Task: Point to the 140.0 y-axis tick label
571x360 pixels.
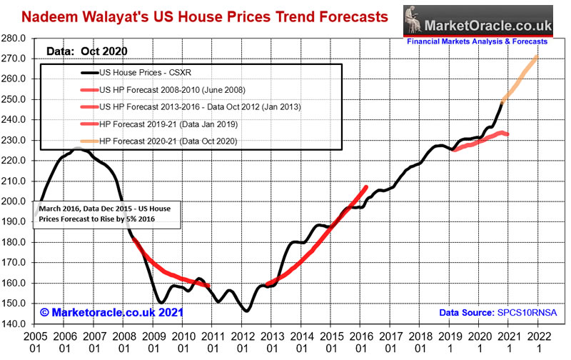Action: click(x=16, y=324)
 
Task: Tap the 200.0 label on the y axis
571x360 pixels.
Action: click(x=16, y=201)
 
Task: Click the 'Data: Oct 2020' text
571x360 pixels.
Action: click(x=83, y=51)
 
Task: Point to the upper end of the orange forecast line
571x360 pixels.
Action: click(x=537, y=57)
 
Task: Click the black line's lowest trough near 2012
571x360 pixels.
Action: click(x=246, y=311)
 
